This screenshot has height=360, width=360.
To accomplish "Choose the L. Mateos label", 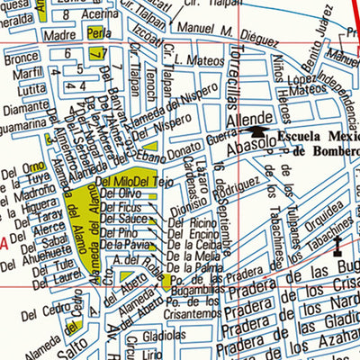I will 197,61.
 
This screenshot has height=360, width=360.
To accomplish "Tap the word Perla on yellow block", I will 97,33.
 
